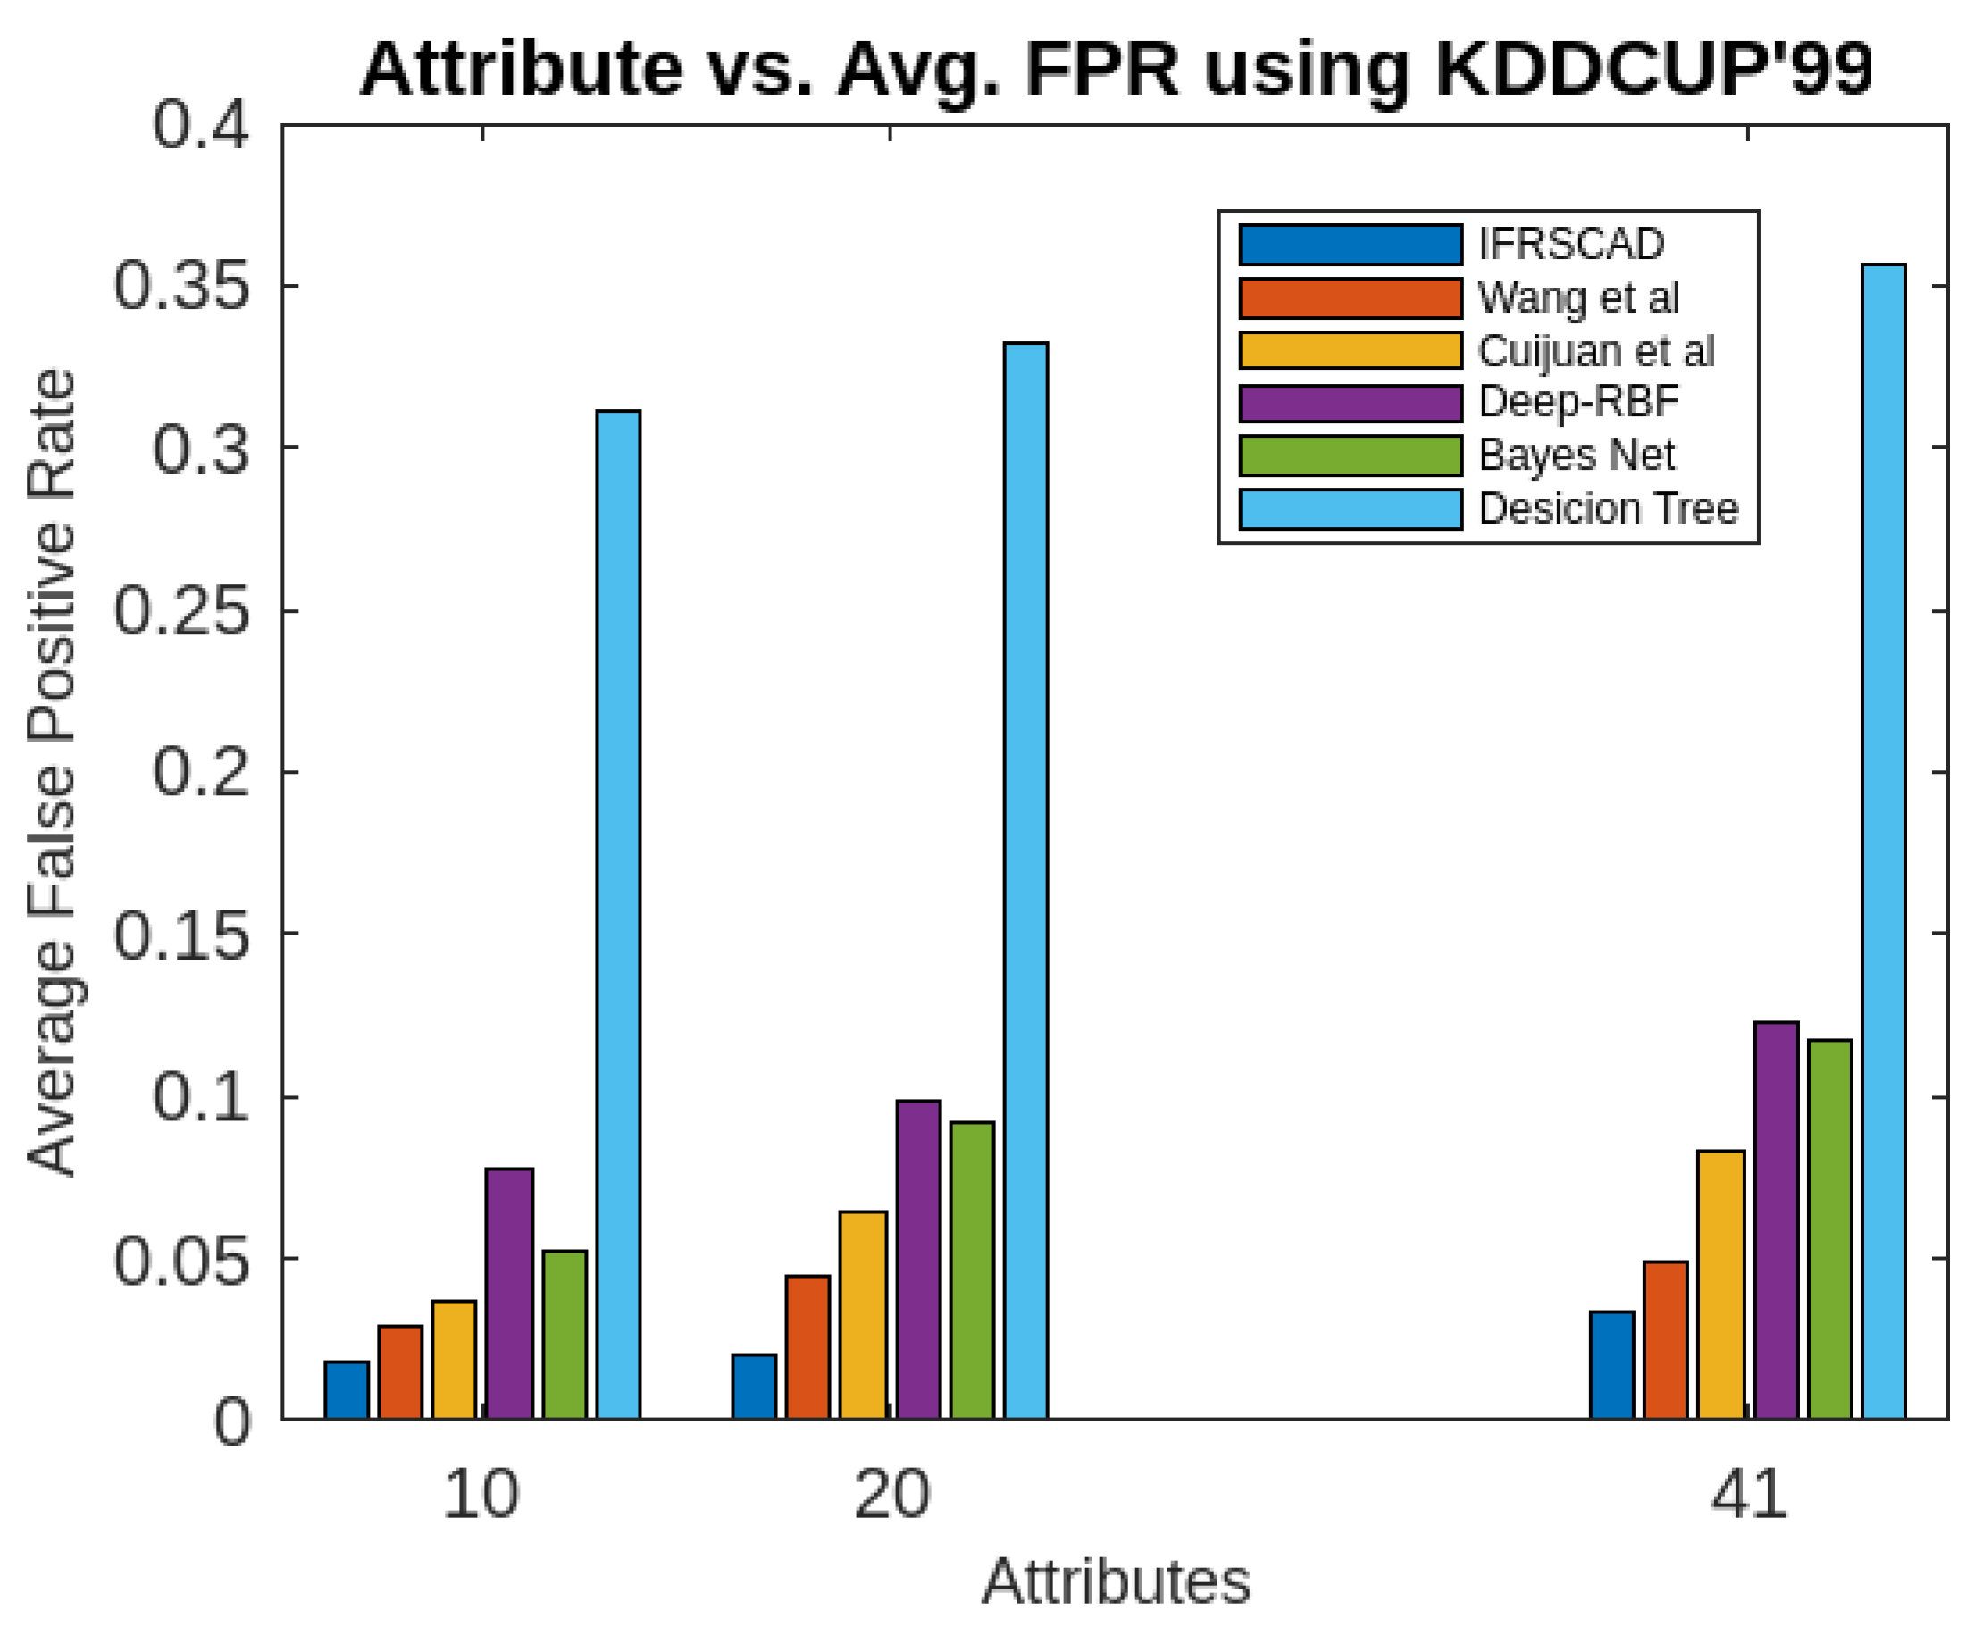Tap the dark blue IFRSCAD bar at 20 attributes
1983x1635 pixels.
pyautogui.click(x=754, y=1386)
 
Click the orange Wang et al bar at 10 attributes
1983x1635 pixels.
pyautogui.click(x=400, y=1371)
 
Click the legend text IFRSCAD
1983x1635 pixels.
pyautogui.click(x=1569, y=245)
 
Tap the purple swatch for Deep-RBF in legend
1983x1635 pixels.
pyautogui.click(x=1350, y=403)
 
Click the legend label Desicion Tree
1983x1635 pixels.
pyautogui.click(x=1607, y=508)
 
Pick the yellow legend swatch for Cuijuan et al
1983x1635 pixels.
pyautogui.click(x=1350, y=350)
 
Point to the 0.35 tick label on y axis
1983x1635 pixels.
pyautogui.click(x=181, y=285)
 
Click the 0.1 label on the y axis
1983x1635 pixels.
pyautogui.click(x=201, y=1097)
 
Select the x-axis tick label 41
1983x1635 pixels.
pyautogui.click(x=1746, y=1495)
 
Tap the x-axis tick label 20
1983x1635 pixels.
pyautogui.click(x=891, y=1495)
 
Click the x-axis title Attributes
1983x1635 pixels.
pyautogui.click(x=1116, y=1581)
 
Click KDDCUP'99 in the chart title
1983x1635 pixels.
pyautogui.click(x=1652, y=70)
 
